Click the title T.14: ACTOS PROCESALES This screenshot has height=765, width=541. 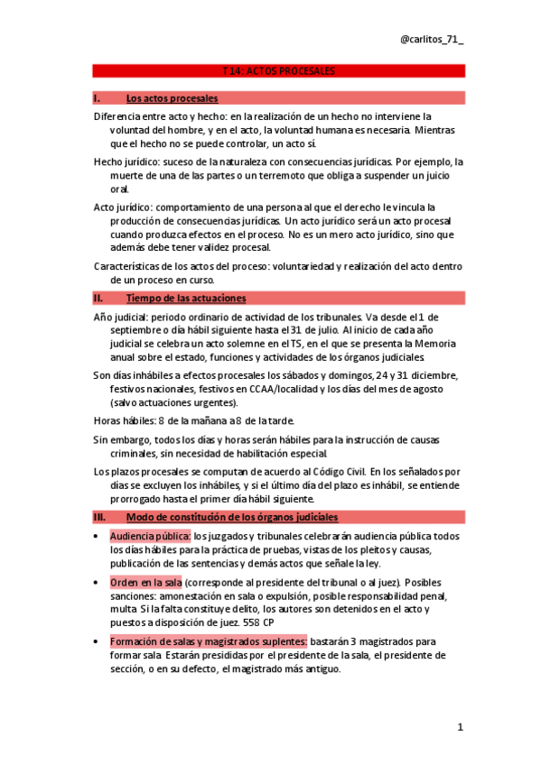coord(278,70)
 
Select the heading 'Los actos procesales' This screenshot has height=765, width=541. coord(172,97)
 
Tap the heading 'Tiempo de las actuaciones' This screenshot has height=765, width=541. coord(186,298)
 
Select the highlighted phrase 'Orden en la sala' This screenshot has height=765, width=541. coord(147,584)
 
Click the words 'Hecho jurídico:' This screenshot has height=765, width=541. coord(123,161)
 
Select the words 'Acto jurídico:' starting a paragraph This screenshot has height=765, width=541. coord(120,207)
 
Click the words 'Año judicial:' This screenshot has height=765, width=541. coord(122,318)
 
